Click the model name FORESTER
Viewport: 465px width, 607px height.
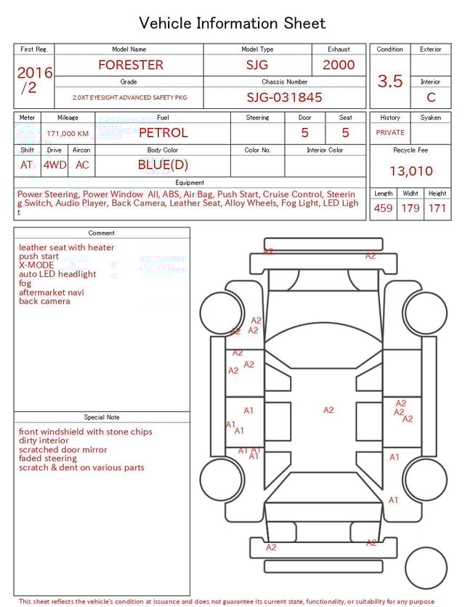pyautogui.click(x=131, y=65)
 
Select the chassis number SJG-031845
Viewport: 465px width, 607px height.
pyautogui.click(x=284, y=97)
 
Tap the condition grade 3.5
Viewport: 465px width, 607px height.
pyautogui.click(x=390, y=81)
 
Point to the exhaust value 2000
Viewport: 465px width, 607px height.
pyautogui.click(x=339, y=65)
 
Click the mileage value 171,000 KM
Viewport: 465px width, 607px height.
pyautogui.click(x=68, y=134)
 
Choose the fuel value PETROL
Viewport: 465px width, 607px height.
pyautogui.click(x=163, y=132)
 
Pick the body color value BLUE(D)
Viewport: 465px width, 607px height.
pyautogui.click(x=163, y=164)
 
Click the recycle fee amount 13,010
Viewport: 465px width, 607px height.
pyautogui.click(x=411, y=171)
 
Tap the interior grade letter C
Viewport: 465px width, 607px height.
pyautogui.click(x=431, y=97)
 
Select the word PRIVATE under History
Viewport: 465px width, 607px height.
pyautogui.click(x=390, y=132)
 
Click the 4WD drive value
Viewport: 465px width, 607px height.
pyautogui.click(x=54, y=164)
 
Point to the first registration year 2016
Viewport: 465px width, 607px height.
pyautogui.click(x=34, y=73)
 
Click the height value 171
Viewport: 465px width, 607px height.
pyautogui.click(x=437, y=208)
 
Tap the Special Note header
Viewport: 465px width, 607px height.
pyautogui.click(x=102, y=417)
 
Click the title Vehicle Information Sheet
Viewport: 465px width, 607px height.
pyautogui.click(x=232, y=23)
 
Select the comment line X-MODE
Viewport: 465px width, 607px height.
pyautogui.click(x=36, y=265)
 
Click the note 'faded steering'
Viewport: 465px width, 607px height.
pyautogui.click(x=48, y=459)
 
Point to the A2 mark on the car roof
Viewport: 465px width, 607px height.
pyautogui.click(x=328, y=410)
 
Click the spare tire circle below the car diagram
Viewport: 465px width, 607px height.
pyautogui.click(x=425, y=568)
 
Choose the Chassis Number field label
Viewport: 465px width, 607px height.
pyautogui.click(x=284, y=82)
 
